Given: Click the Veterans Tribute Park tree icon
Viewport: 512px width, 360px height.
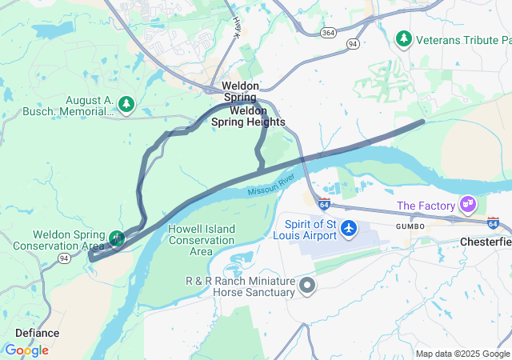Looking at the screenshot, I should [405, 38].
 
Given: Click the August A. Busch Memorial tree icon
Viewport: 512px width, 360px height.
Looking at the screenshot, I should [126, 103].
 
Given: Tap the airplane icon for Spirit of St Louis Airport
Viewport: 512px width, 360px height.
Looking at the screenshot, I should [349, 229].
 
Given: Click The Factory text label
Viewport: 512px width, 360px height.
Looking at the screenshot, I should [426, 206].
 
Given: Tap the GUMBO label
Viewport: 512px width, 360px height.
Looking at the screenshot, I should [406, 227].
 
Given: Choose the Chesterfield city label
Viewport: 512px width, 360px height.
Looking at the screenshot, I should [485, 241].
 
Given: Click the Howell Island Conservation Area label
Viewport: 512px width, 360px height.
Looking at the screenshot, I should [190, 240].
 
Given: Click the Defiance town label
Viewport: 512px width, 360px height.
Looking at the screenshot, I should [37, 333].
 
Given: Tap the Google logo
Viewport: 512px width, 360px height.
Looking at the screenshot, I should [26, 350].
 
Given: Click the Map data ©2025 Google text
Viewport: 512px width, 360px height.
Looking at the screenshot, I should [462, 354].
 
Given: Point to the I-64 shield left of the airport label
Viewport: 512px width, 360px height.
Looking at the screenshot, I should [324, 204].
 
